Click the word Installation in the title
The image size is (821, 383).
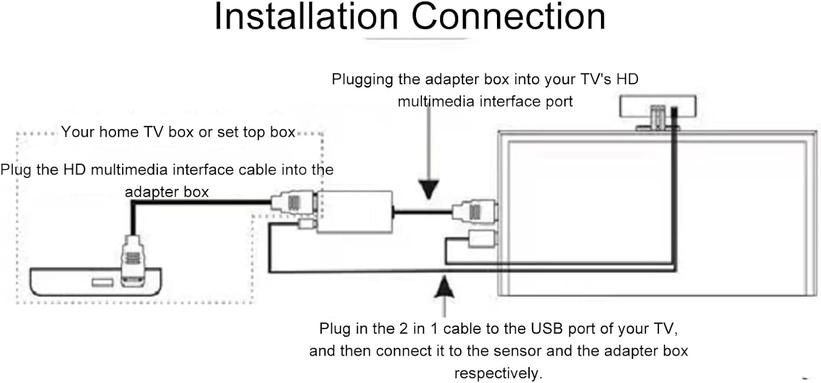(x=305, y=18)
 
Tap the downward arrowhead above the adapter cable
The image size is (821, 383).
(x=430, y=188)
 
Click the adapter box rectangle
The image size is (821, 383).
(x=356, y=212)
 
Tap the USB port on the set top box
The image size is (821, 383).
(x=102, y=282)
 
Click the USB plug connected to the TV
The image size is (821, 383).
(x=482, y=238)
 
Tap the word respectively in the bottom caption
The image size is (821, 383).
(x=498, y=374)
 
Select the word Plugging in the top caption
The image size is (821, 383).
(x=362, y=80)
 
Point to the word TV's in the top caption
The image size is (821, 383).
(x=595, y=80)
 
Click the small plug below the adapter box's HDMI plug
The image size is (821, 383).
(x=305, y=224)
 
